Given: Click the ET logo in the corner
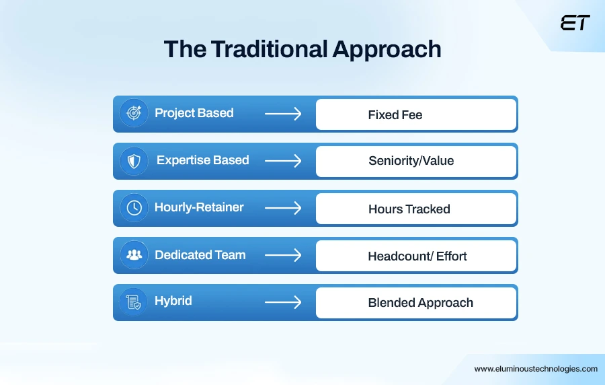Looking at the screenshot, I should coord(575,22).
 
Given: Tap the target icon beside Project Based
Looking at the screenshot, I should coord(134,113).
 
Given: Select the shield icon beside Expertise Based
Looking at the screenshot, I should coord(134,160).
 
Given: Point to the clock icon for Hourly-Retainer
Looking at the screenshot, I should coord(134,207).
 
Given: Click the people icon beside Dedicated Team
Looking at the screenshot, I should coord(134,254).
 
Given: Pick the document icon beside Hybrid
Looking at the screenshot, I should coord(134,302).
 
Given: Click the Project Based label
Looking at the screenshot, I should coord(194,113).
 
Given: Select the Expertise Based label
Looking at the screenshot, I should coord(202,160).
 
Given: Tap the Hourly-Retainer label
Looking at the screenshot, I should coord(199,207).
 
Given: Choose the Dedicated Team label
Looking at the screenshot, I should coord(200,255).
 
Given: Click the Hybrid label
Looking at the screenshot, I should coord(173,301).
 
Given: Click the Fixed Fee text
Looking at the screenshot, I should coord(395,115).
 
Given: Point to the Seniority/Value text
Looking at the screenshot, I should coord(411,161).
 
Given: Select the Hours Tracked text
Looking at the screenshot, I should coord(409,209).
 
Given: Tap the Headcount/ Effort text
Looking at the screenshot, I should coord(417,256).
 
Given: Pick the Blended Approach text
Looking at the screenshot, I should coord(420,303).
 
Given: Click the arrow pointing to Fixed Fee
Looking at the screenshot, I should coord(283,114).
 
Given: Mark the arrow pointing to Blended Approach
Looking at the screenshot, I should coord(283,302).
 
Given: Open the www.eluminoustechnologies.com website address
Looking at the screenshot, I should coord(535,369).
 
